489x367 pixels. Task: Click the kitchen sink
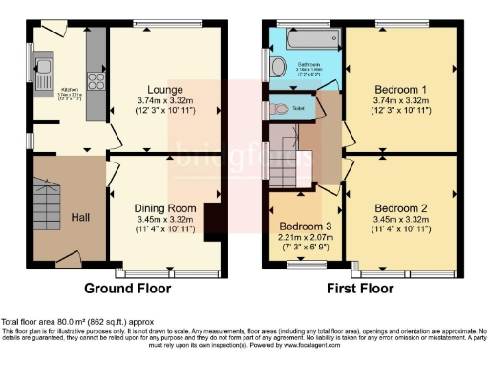44,68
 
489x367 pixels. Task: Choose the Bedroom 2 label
400,207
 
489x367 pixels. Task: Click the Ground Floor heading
128,288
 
